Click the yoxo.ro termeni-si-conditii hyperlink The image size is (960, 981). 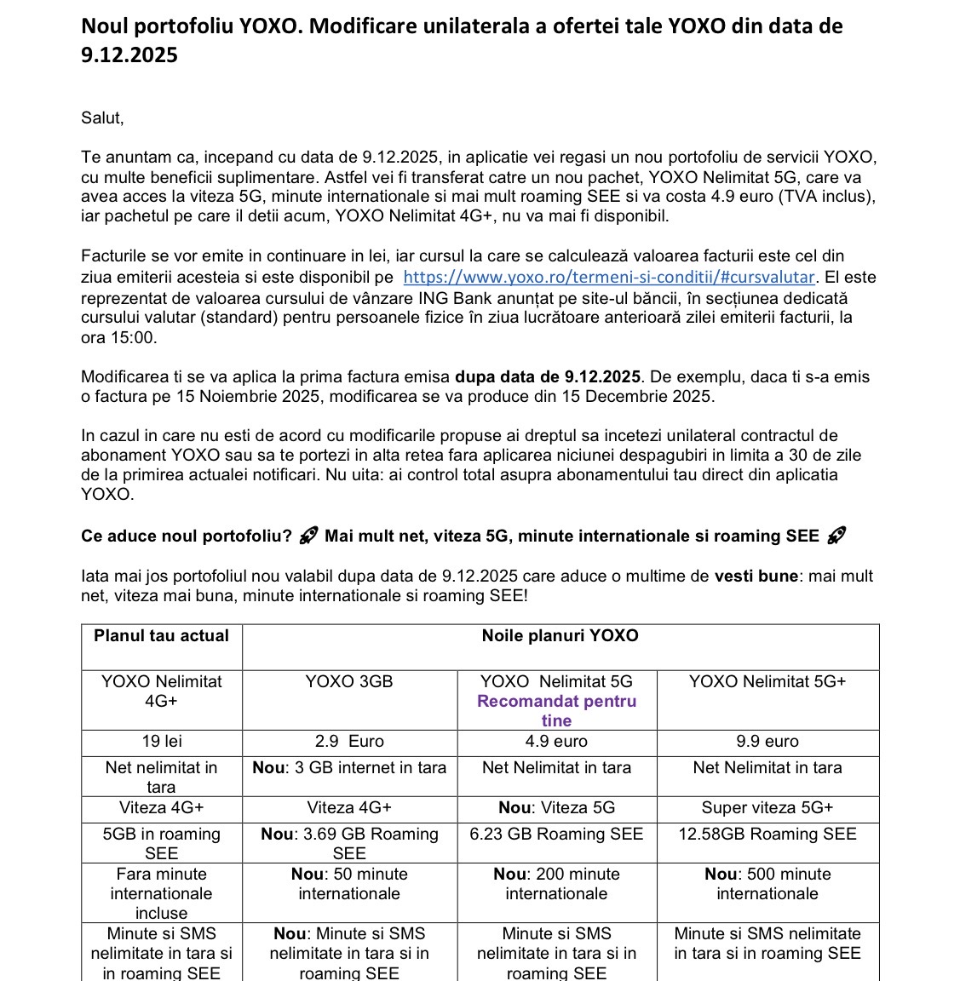(609, 277)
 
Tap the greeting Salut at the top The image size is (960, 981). (102, 118)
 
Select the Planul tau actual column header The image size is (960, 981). (162, 636)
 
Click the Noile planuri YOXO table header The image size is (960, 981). (560, 636)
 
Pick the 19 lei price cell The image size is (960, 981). (162, 742)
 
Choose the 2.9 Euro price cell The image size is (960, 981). (349, 742)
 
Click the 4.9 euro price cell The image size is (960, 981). (556, 742)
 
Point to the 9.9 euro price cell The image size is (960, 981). (767, 742)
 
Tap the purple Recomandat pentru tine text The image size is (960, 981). (556, 710)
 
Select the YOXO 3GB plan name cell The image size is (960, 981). (349, 682)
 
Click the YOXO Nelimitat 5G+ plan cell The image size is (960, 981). (767, 682)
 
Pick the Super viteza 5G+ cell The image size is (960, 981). (767, 808)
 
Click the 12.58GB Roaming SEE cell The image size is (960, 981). (767, 835)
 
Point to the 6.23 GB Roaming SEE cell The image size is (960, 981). (556, 835)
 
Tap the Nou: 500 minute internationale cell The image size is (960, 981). (767, 884)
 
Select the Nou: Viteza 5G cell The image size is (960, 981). (556, 808)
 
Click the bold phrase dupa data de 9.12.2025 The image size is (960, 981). (548, 377)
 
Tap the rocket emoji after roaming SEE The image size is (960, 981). (836, 536)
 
